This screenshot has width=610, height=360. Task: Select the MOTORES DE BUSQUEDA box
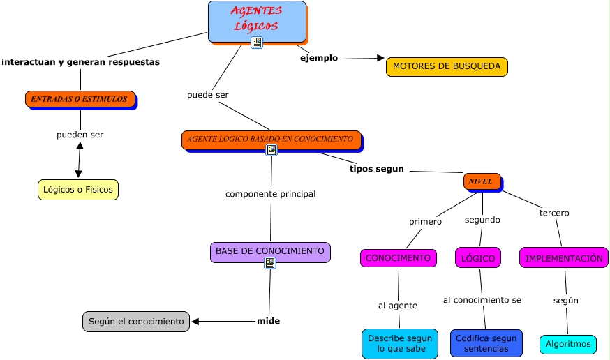coord(447,66)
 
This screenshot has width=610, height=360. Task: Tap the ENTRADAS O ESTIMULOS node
coord(80,99)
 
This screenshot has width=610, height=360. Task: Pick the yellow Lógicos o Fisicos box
coord(77,189)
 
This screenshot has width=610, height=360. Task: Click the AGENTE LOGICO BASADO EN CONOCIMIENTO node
coord(271,139)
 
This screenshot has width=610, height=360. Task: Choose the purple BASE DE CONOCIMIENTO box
coord(270,251)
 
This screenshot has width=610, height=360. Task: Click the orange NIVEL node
coord(481,181)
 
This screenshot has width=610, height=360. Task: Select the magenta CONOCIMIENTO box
coord(399,258)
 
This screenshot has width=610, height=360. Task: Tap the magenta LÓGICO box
coord(478,258)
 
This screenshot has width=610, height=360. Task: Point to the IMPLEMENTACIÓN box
coord(564,258)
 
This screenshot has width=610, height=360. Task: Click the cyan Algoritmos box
coord(568,344)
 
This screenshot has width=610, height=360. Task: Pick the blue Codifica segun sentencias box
coord(486,343)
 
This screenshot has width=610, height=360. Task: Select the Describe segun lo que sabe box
coord(400,343)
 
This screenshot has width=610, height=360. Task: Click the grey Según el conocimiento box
coord(136,322)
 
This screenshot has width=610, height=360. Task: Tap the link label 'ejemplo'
coord(319,58)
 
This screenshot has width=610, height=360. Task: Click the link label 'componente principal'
coord(271,194)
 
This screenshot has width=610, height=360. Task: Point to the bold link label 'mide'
coord(269,321)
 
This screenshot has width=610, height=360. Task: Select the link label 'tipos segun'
coord(377,169)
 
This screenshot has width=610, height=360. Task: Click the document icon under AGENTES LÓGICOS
coord(257,43)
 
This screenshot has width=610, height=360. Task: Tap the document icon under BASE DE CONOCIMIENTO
coord(270,263)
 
